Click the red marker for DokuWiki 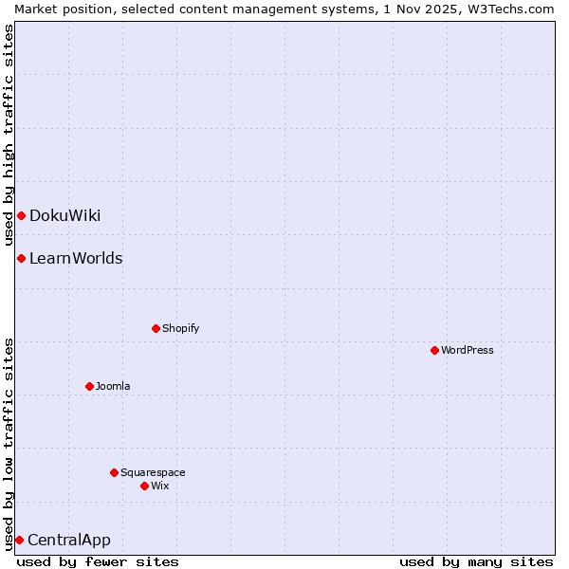(21, 215)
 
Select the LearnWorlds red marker (21, 258)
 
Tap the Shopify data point (156, 328)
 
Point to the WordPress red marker (434, 350)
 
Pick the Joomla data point (89, 386)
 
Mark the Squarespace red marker (114, 472)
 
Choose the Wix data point (144, 486)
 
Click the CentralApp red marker (19, 540)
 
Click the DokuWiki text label (64, 215)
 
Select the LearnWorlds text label (76, 258)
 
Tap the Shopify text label (180, 328)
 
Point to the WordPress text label (467, 350)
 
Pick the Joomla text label (113, 386)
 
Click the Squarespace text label (153, 472)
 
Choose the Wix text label (159, 486)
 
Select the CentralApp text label (69, 540)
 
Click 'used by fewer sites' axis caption (98, 561)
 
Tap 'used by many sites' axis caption (476, 561)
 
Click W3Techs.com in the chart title (508, 9)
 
